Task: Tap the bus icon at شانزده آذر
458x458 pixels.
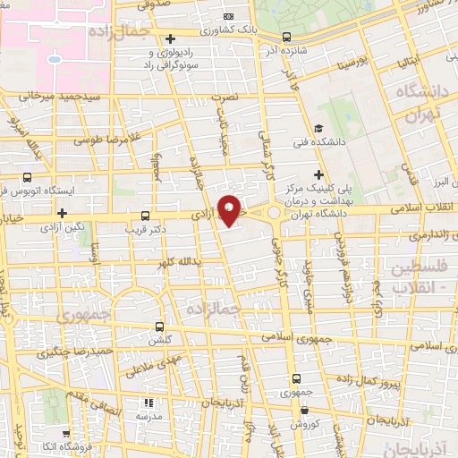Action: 286,38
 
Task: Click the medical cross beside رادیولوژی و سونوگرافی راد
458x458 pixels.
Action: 171,39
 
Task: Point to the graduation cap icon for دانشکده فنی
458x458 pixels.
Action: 319,129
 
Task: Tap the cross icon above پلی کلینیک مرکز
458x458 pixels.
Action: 318,174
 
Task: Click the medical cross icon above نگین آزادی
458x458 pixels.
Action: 62,213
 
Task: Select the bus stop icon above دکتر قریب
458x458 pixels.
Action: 146,216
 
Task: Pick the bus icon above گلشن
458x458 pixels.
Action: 160,326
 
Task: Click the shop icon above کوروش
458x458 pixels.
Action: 304,411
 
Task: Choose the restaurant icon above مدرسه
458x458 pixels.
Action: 148,403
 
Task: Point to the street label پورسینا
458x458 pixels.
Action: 347,66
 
